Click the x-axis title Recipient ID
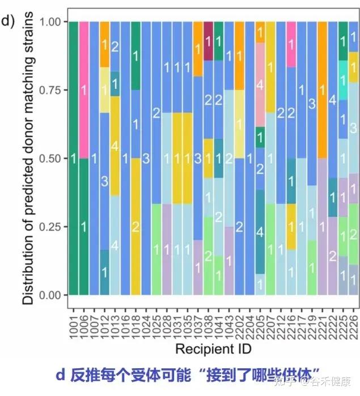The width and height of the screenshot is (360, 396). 213,347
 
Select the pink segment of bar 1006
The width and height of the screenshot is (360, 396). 84,90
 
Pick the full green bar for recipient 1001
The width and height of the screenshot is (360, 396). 73,158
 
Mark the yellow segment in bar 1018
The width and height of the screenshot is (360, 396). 135,227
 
